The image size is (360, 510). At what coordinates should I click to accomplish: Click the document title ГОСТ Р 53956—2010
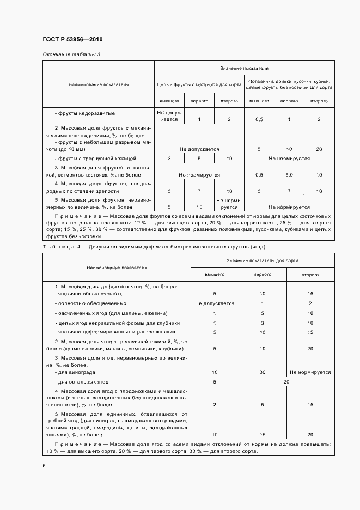pyautogui.click(x=72, y=40)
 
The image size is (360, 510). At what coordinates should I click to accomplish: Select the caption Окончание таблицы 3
pyautogui.click(x=71, y=55)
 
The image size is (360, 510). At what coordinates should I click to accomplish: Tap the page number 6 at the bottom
pyautogui.click(x=44, y=465)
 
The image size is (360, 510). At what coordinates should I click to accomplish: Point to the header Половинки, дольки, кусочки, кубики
pyautogui.click(x=289, y=80)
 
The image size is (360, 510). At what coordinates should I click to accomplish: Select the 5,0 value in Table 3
pyautogui.click(x=289, y=175)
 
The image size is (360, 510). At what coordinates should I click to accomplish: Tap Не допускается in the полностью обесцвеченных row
pyautogui.click(x=215, y=303)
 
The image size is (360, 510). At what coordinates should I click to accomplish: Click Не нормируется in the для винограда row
pyautogui.click(x=310, y=372)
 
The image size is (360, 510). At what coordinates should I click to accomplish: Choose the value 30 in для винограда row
pyautogui.click(x=263, y=372)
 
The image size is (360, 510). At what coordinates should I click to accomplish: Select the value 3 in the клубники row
pyautogui.click(x=263, y=323)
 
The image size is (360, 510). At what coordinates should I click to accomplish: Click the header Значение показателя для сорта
pyautogui.click(x=262, y=261)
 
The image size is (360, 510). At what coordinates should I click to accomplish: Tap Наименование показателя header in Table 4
pyautogui.click(x=116, y=268)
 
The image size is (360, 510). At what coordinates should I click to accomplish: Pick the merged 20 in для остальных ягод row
pyautogui.click(x=286, y=382)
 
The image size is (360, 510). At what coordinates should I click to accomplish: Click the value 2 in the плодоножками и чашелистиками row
pyautogui.click(x=215, y=405)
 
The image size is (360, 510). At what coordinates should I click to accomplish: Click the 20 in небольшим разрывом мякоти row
pyautogui.click(x=319, y=149)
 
